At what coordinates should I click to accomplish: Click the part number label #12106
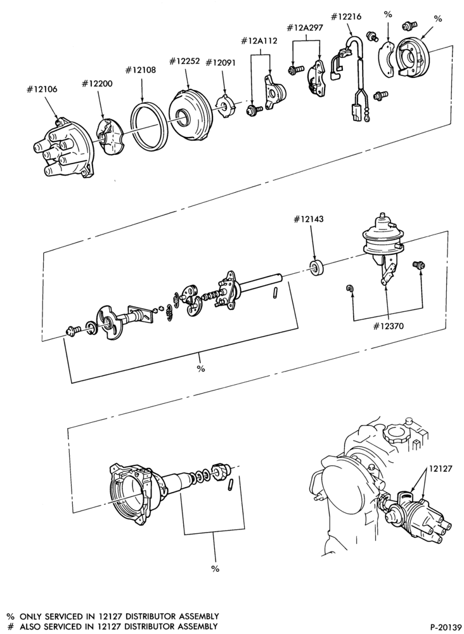click(x=42, y=89)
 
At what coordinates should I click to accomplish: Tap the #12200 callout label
click(x=97, y=84)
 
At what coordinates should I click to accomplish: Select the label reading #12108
click(x=140, y=70)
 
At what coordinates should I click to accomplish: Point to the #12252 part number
click(x=184, y=61)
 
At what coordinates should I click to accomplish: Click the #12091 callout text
click(x=221, y=62)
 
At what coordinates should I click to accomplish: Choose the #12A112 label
click(x=259, y=41)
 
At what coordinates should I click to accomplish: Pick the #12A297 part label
click(x=305, y=28)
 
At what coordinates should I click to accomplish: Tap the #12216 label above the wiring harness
click(x=346, y=16)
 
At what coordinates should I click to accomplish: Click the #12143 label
click(x=309, y=219)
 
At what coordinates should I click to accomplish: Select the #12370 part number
click(x=388, y=326)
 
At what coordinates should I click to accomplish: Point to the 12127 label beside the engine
click(x=440, y=469)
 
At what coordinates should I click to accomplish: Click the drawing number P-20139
click(x=446, y=627)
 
